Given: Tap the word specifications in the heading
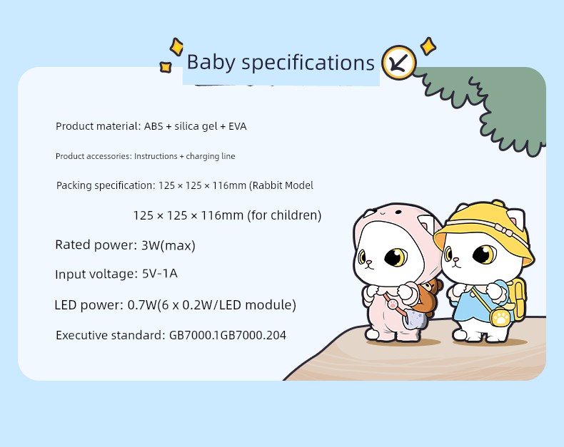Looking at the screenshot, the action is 308,63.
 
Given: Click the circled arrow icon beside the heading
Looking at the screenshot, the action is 399,63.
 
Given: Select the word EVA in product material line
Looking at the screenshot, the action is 238,126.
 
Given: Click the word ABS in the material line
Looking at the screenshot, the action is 153,126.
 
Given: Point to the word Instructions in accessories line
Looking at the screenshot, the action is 156,156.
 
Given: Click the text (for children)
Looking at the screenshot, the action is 284,215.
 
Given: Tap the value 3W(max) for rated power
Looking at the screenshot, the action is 168,245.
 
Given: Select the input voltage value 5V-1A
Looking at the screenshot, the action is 160,274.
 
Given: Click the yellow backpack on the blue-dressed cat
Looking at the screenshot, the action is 518,299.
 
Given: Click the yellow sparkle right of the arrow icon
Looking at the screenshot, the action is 428,46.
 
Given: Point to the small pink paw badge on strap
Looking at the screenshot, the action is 393,304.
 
